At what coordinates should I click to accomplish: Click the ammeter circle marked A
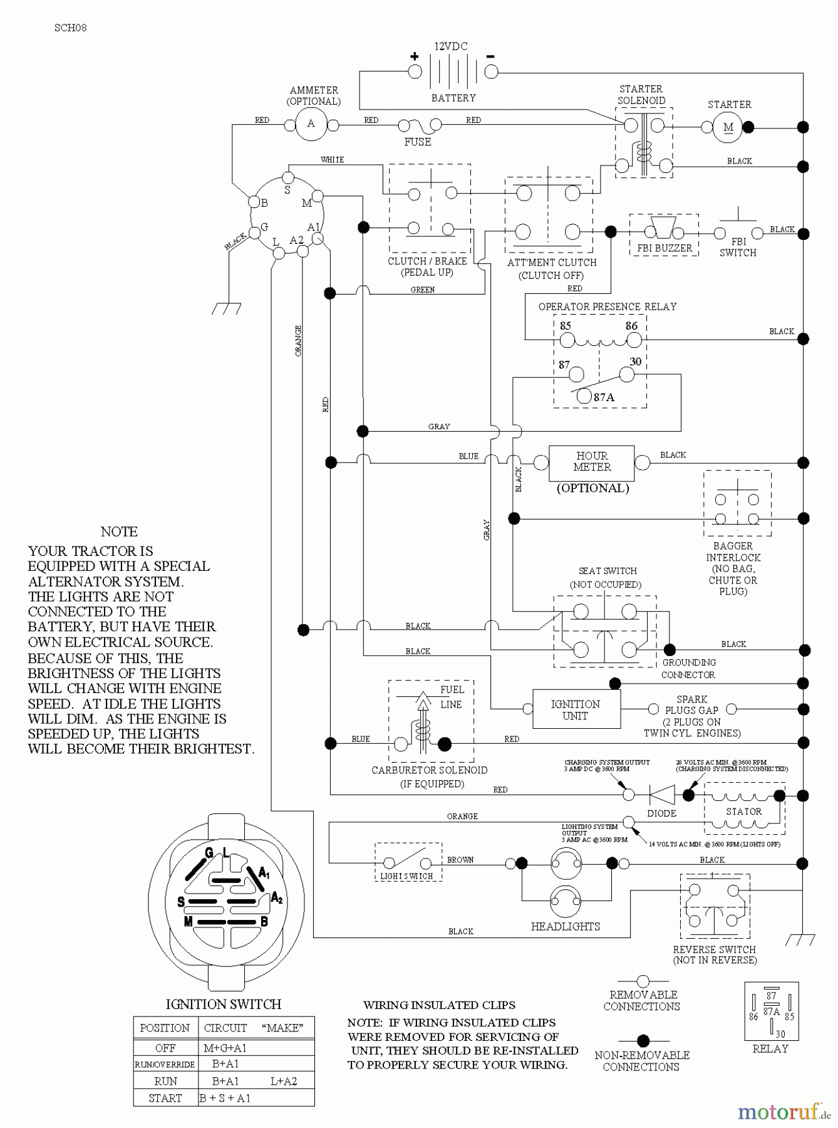coord(311,124)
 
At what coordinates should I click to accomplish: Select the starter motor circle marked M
coord(728,128)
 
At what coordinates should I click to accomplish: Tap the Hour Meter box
coord(591,462)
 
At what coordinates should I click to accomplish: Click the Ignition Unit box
coord(576,709)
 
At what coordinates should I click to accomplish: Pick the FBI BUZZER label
coord(665,248)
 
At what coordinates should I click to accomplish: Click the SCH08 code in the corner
coord(70,28)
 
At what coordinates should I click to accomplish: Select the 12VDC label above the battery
coord(451,46)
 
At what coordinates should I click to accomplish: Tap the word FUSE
coord(418,142)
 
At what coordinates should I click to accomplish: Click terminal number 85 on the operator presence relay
coord(566,326)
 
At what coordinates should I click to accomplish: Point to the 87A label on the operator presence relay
coord(604,397)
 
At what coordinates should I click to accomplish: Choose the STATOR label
coord(743,811)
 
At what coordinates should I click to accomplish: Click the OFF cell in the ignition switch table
coord(165,1048)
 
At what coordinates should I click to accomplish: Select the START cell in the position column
coord(165,1098)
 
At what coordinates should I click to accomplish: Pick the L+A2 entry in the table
coord(284,1081)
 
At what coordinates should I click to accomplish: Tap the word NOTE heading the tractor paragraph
coord(119,531)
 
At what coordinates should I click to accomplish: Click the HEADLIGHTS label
coord(565,926)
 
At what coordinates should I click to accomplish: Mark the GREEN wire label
coord(423,290)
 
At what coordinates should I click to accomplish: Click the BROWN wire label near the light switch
coord(460,860)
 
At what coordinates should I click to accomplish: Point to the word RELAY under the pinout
coord(770,1048)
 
